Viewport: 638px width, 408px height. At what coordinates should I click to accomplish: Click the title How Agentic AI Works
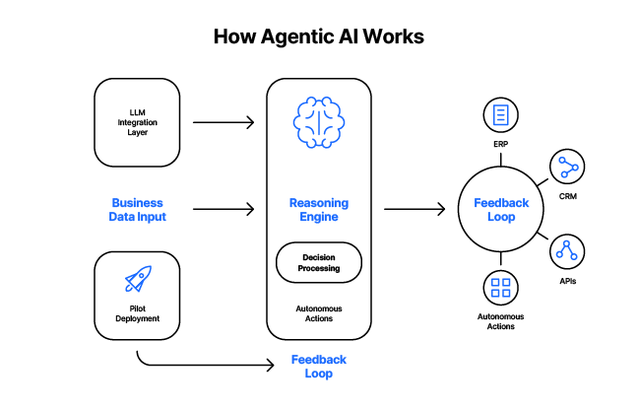coord(319,37)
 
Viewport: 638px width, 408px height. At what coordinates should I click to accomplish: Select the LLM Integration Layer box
coord(137,123)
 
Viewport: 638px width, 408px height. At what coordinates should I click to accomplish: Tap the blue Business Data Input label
coord(138,209)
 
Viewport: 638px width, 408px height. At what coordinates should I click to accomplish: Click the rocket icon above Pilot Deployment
coord(138,280)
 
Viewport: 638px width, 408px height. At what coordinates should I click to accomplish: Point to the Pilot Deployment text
coord(138,313)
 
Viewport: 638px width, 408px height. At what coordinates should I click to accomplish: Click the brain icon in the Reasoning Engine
coord(318,123)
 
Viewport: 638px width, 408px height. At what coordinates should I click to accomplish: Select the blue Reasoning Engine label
coord(318,209)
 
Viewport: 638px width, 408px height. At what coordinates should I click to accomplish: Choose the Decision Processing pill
coord(318,262)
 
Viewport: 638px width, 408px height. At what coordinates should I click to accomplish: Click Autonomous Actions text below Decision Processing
coord(318,312)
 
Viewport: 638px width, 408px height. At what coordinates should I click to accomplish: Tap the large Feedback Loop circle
coord(501,209)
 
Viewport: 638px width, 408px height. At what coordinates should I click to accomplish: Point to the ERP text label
coord(501,144)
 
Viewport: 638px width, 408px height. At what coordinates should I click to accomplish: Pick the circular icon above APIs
coord(567,252)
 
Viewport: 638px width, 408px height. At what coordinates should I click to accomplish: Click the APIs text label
coord(567,281)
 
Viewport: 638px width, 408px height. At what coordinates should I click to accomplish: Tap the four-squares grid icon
coord(501,289)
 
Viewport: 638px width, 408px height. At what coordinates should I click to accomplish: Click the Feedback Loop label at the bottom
coord(318,367)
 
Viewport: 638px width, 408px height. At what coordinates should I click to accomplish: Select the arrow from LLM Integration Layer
coord(223,123)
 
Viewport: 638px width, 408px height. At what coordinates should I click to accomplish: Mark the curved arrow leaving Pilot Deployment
coord(197,365)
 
